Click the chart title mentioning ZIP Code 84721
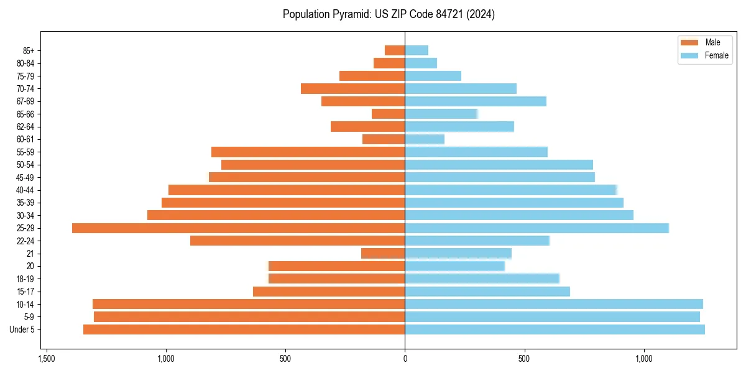coord(389,14)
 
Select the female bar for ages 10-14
coord(554,304)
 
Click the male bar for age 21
coord(383,254)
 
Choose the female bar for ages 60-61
coord(425,139)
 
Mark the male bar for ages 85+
coord(395,50)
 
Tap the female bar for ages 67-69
coord(476,101)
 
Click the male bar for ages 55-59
coord(308,152)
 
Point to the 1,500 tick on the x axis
coord(47,359)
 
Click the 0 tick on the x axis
coord(405,359)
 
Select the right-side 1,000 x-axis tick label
coord(643,359)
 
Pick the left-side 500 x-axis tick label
coord(285,359)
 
